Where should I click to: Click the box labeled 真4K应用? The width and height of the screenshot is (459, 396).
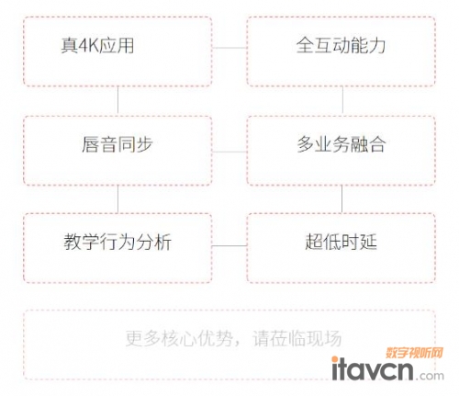point(118,51)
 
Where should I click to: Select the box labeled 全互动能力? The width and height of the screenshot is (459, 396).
point(341,51)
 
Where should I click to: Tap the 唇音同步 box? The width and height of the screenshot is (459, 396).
point(118,151)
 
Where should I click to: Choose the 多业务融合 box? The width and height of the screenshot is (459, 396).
point(341,151)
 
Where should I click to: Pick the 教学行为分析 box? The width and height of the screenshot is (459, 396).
point(118,248)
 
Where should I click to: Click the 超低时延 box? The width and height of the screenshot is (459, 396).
point(341,248)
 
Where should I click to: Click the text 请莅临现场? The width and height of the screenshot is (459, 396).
point(297,338)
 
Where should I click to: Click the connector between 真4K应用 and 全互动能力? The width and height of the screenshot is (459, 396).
point(229,48)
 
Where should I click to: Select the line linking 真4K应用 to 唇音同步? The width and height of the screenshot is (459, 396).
point(118,101)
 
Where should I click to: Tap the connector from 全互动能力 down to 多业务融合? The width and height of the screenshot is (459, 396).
point(342,101)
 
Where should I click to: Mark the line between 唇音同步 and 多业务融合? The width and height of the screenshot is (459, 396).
point(229,152)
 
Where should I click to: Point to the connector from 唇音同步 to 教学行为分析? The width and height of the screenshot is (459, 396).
point(118,199)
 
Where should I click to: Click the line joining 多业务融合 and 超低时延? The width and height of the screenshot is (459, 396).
point(341,199)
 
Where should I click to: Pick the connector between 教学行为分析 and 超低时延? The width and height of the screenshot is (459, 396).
point(229,245)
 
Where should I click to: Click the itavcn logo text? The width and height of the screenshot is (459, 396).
point(373,369)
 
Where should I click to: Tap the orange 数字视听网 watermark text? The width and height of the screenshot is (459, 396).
point(414,353)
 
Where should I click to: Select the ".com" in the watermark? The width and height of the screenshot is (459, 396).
point(430,376)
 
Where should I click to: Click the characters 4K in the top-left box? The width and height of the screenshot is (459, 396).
point(89,45)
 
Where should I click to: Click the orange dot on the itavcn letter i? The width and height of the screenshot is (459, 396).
point(335,359)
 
